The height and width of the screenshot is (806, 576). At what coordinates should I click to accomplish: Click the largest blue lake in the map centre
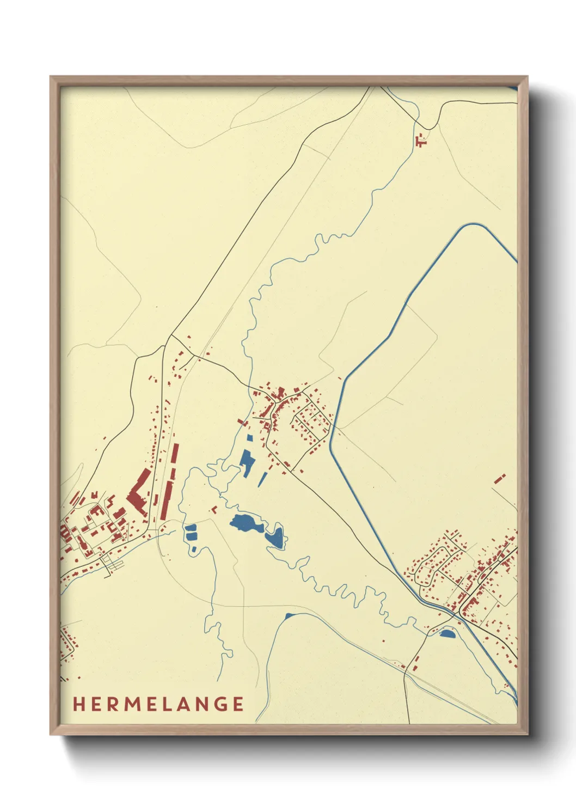[x=246, y=524]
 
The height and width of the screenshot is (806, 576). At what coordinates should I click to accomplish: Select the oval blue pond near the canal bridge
[x=446, y=633]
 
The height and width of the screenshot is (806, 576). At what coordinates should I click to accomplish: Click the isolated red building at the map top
[x=420, y=141]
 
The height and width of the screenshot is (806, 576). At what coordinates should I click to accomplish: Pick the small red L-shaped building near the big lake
[x=214, y=510]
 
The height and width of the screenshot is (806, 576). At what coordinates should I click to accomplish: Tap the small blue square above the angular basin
[x=250, y=437]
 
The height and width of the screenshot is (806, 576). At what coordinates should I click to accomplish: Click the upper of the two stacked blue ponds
[x=191, y=527]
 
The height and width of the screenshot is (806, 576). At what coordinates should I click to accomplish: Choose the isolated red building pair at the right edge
[x=500, y=479]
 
